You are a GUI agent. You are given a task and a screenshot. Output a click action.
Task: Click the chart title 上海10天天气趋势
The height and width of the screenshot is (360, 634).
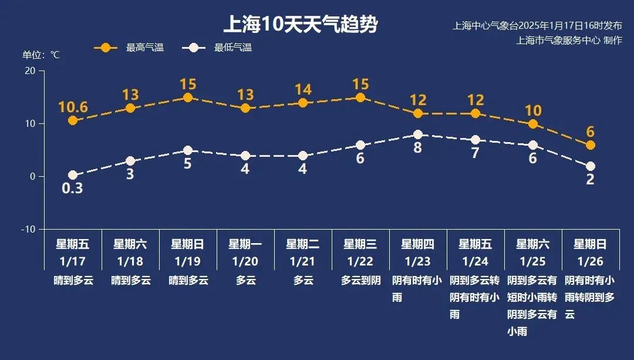(300, 25)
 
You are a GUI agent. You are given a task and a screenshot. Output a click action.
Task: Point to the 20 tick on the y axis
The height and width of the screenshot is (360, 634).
(29, 71)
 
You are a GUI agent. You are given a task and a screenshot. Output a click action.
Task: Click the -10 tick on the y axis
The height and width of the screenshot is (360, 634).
(28, 229)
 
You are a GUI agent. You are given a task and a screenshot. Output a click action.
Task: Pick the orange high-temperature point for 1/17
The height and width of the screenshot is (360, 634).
(73, 120)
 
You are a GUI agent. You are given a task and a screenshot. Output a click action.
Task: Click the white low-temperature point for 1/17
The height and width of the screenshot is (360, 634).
(73, 175)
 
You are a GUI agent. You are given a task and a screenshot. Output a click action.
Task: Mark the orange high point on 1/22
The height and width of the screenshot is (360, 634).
(360, 97)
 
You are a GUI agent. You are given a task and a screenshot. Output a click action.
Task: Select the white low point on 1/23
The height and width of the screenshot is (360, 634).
(418, 134)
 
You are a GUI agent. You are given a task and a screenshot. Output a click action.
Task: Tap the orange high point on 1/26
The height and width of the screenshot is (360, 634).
(591, 145)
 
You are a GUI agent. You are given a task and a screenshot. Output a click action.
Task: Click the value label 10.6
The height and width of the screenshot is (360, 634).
(73, 107)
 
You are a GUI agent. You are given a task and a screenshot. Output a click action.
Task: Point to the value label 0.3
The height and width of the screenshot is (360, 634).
(73, 189)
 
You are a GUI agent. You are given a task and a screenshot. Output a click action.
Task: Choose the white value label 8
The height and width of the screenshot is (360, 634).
(418, 148)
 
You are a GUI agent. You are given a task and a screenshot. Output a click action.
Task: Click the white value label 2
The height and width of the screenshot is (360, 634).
(591, 180)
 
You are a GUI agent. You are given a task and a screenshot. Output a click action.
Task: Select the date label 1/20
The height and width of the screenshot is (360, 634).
(245, 261)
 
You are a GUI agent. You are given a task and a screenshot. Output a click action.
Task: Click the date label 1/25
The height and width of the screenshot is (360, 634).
(533, 261)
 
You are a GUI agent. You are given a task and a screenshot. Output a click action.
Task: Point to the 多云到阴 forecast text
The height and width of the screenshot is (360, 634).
(360, 281)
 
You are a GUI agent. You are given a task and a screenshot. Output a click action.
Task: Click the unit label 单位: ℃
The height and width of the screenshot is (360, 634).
(41, 55)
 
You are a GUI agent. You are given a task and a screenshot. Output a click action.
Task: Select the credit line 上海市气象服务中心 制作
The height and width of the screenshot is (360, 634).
(568, 41)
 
